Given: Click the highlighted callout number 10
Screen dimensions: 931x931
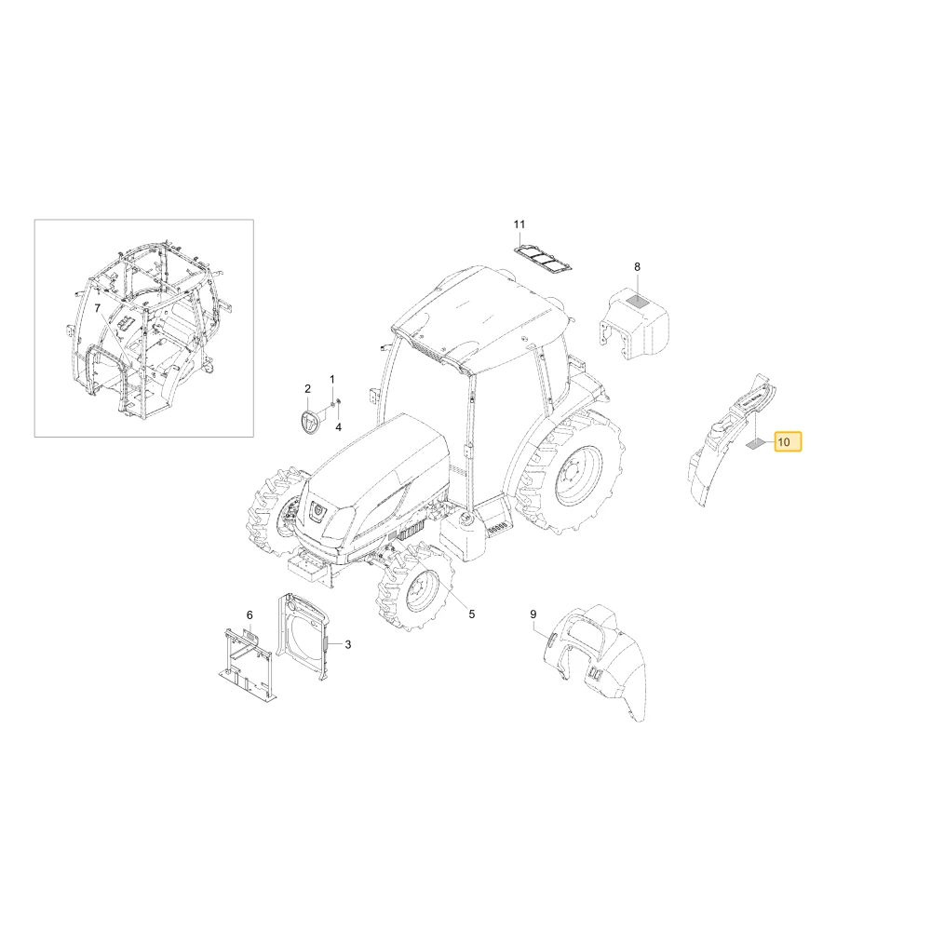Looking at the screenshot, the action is coord(784,441).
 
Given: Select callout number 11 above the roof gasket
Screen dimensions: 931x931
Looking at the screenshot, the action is coord(519,224).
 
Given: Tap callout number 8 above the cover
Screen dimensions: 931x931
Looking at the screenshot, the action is coord(637,266).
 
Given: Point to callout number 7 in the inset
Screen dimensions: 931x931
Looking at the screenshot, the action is coord(98,308).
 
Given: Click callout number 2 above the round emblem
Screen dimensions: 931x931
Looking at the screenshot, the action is coord(307,389).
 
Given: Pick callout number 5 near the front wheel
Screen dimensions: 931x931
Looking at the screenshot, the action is coord(472,614).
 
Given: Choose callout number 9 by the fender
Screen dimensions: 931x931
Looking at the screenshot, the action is coord(533,614).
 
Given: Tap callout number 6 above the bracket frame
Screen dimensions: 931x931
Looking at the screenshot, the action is coord(250,614).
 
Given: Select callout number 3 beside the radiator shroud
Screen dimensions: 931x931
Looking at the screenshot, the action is coord(348,644).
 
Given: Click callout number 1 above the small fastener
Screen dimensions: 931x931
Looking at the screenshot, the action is coord(332,380).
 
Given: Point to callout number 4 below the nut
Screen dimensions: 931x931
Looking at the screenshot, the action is coord(339,427).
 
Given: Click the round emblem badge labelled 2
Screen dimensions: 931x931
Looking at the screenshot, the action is coord(308,423).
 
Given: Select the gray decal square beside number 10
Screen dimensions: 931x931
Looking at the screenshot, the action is coord(755,442).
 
